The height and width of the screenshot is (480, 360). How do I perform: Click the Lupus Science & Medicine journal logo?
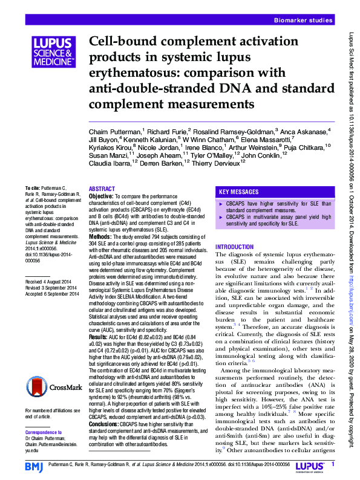pos(53,53)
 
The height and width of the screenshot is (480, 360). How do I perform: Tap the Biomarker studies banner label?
pos(303,21)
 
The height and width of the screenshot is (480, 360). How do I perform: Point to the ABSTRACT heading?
pos(102,189)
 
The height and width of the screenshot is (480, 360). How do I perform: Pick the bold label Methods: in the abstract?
pos(100,236)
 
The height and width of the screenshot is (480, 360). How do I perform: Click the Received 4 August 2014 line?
pos(51,282)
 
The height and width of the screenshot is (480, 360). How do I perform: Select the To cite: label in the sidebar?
pos(33,189)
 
